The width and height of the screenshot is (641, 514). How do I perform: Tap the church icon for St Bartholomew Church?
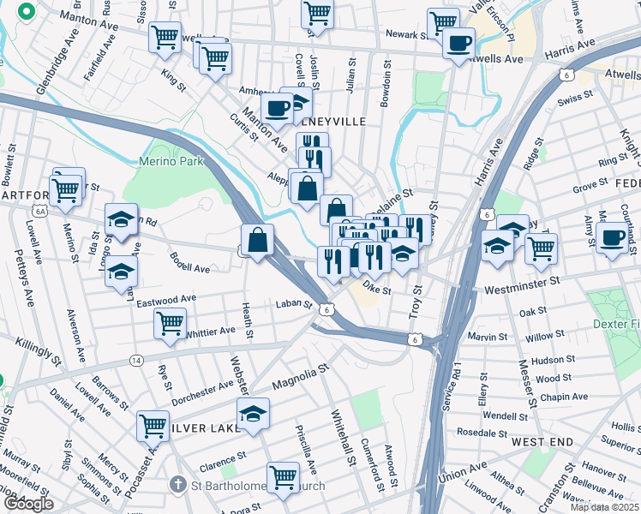pyautogui.click(x=178, y=485)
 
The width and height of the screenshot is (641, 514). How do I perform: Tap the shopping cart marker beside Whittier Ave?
pyautogui.click(x=170, y=324)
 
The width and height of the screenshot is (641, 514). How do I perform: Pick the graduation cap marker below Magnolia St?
pyautogui.click(x=252, y=414)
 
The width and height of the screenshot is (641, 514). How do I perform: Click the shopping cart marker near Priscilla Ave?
pyautogui.click(x=282, y=477)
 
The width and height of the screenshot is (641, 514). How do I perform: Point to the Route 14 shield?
pyautogui.click(x=136, y=361)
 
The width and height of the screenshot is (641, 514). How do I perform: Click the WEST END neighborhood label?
pyautogui.click(x=542, y=442)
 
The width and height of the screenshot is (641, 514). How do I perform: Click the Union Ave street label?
pyautogui.click(x=461, y=474)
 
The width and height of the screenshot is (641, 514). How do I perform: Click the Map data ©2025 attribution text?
pyautogui.click(x=605, y=507)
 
